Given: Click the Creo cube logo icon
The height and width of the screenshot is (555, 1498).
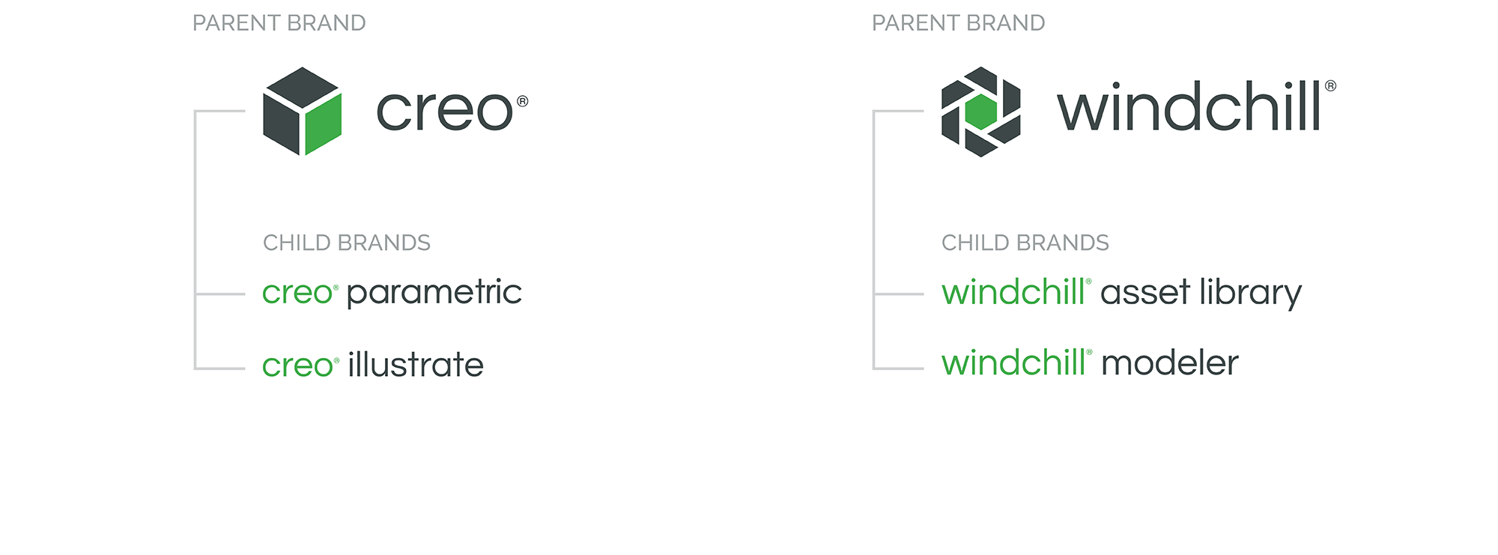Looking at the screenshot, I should [x=303, y=111].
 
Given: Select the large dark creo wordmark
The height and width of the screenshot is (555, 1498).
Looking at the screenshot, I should [x=444, y=111].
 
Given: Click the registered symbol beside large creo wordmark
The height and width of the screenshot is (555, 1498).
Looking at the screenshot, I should [x=523, y=101].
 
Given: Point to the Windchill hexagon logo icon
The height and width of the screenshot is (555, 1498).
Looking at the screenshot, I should [x=980, y=111].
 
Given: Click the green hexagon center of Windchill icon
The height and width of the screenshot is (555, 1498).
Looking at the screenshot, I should [x=980, y=112].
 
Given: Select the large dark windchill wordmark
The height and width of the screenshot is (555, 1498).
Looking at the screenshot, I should [x=1189, y=106].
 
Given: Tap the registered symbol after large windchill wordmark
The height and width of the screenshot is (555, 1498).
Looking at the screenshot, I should [x=1330, y=85].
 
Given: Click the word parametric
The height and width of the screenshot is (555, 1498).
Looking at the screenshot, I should [x=434, y=292].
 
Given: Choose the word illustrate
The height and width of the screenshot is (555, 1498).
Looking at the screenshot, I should [x=416, y=365].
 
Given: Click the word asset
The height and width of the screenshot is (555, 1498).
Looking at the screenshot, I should [x=1145, y=292].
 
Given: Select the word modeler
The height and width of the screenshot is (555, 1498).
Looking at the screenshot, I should [x=1169, y=363].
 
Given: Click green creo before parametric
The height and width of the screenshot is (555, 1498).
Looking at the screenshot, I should [x=297, y=293].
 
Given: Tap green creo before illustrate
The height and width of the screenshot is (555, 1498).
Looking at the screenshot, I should [x=297, y=366].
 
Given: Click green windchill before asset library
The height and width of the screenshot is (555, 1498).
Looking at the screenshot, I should [x=1013, y=292].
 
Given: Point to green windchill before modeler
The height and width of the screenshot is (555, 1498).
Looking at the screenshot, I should [x=1013, y=363].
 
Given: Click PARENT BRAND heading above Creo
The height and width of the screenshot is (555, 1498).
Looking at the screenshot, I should [x=279, y=23].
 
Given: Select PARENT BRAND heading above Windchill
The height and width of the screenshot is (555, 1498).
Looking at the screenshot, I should [x=958, y=23].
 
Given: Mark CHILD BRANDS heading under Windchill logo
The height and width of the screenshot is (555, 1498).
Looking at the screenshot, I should [x=1025, y=243].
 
